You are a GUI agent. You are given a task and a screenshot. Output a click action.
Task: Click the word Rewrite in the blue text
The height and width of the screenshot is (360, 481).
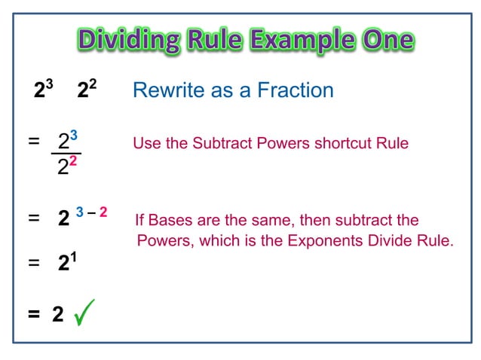click(x=164, y=90)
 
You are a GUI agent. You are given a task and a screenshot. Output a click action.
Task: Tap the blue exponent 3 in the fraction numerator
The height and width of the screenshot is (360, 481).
click(x=74, y=136)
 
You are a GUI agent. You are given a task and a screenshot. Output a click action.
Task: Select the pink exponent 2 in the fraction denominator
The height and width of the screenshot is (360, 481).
click(x=74, y=161)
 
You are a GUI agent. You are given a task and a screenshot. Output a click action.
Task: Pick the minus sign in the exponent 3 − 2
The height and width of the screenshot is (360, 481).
click(x=90, y=213)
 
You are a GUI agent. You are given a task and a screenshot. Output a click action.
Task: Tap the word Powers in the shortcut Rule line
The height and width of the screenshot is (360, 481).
click(x=280, y=143)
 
